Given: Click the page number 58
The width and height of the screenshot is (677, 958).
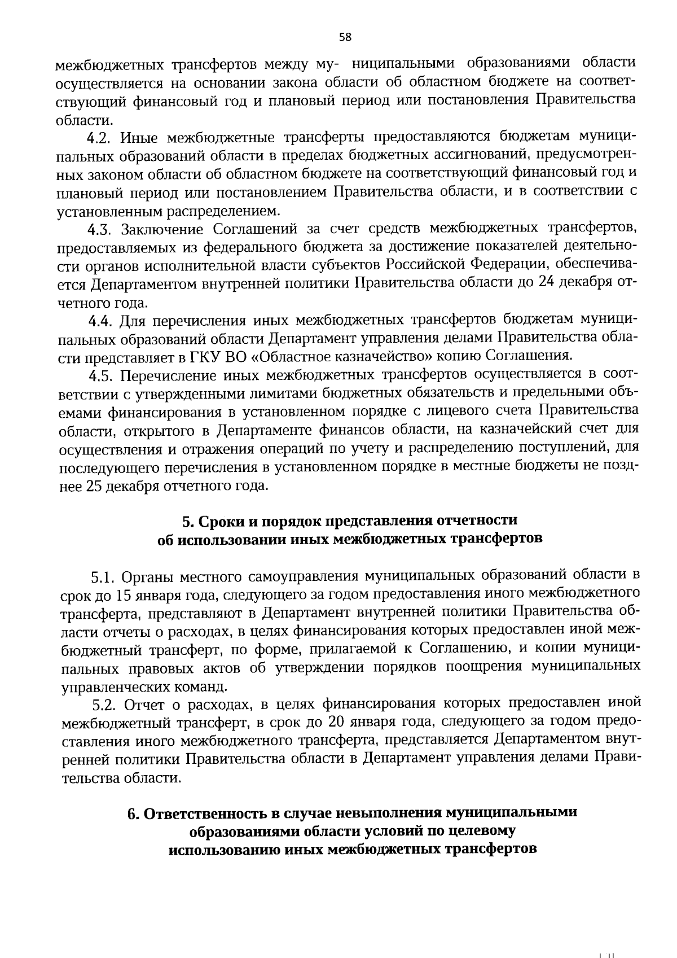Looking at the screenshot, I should point(345,37).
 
